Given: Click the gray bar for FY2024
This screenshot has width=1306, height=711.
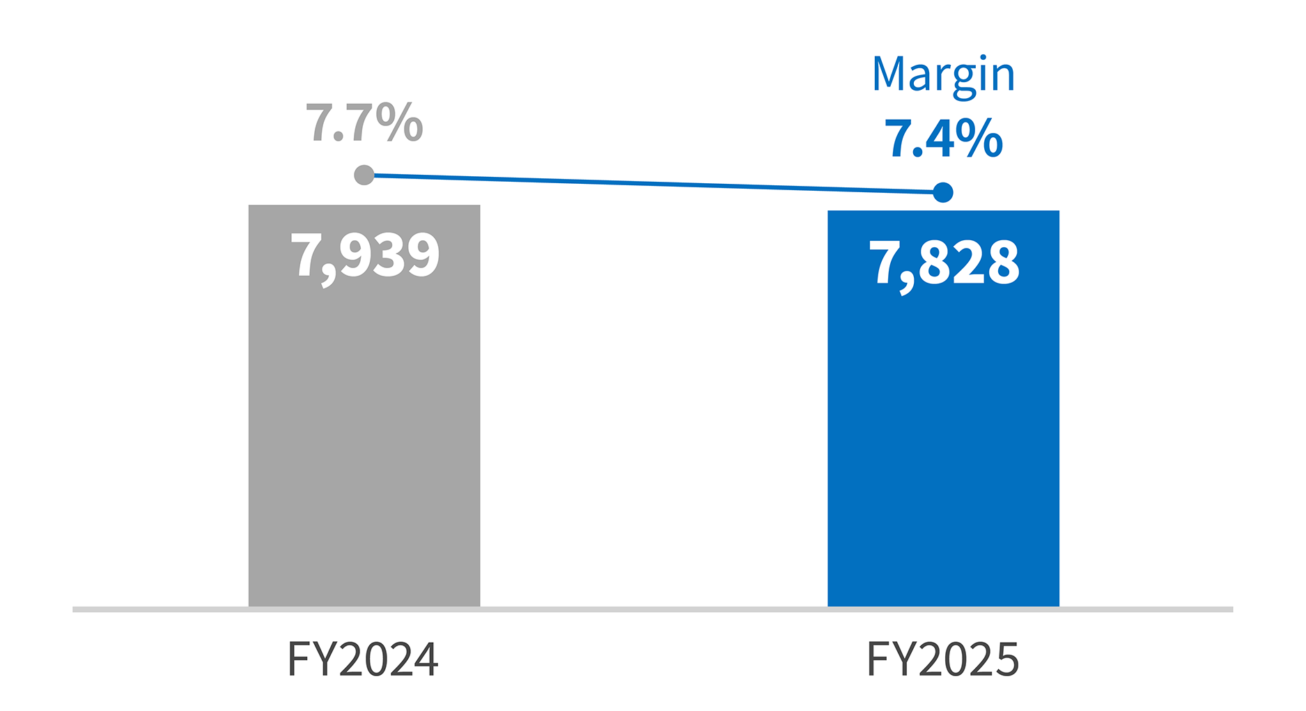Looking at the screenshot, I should coord(364,432).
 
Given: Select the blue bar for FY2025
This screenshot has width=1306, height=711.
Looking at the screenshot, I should coord(943,439).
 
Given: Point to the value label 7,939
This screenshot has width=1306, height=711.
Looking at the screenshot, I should coord(365,256).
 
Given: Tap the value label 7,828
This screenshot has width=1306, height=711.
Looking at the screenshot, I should coord(944,263).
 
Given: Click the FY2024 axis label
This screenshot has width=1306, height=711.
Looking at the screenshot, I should coord(363,659).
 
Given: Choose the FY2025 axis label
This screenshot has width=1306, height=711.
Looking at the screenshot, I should coord(942,659).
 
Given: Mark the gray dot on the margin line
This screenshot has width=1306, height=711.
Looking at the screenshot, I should coord(364,175).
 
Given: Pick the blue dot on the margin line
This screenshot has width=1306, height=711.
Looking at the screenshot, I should coord(943,192).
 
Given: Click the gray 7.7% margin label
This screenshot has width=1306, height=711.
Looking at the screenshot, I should coord(364,123).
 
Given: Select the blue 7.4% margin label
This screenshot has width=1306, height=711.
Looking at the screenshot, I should coord(944,139).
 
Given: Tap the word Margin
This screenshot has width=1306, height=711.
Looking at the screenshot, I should coord(944,75).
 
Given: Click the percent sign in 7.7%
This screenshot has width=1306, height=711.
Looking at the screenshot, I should coord(401,123).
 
